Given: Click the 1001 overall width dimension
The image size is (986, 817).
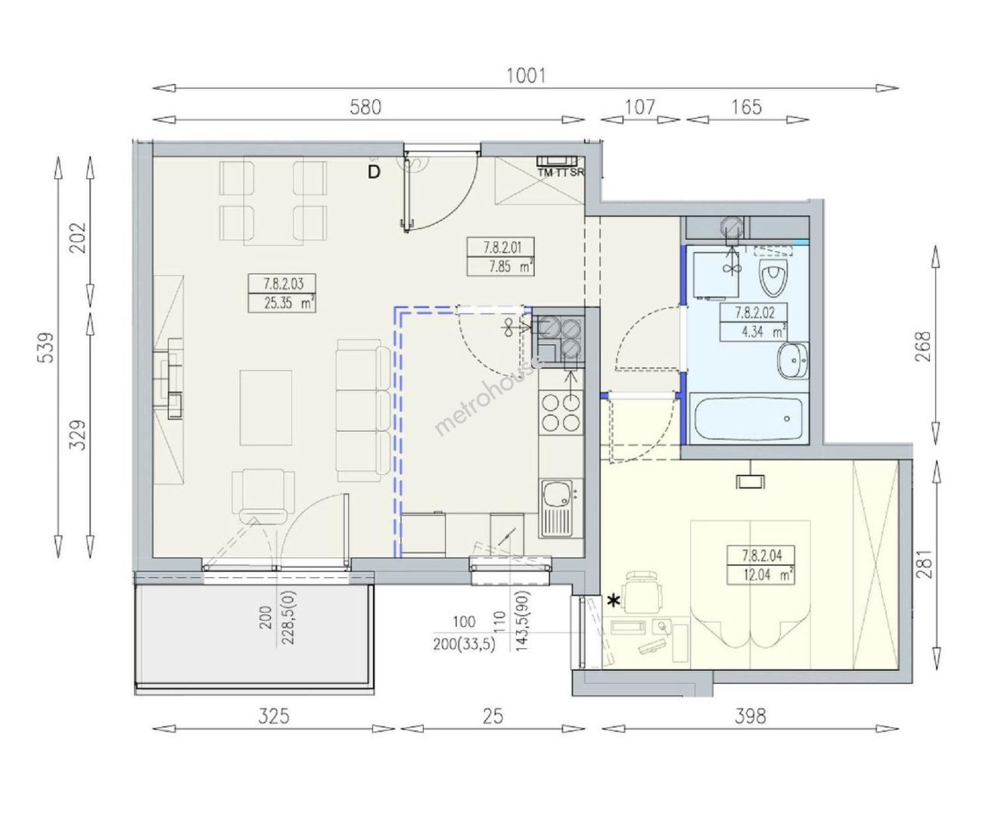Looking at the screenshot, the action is click(526, 76).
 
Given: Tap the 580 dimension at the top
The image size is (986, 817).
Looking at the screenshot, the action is click(365, 107).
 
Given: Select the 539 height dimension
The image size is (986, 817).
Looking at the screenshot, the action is click(47, 348).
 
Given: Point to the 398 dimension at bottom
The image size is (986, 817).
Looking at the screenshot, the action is click(751, 716).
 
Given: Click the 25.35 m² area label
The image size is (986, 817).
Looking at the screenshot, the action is click(289, 303).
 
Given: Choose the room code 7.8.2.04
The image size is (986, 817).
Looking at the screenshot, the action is click(762, 555).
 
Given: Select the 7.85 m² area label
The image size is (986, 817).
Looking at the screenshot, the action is click(511, 267).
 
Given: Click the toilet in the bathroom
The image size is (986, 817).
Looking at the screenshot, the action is click(773, 278).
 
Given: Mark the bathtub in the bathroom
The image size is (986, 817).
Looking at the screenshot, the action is click(749, 418).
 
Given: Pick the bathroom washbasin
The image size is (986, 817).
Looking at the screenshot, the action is click(793, 361).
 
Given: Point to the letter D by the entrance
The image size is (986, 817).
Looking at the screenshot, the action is click(374, 172).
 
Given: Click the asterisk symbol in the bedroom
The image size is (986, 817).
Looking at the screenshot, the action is click(614, 601).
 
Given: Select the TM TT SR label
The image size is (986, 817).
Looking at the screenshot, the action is click(561, 172).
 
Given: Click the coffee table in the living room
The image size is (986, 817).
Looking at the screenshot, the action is click(266, 408).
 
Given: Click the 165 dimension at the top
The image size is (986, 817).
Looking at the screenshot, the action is click(747, 107).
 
